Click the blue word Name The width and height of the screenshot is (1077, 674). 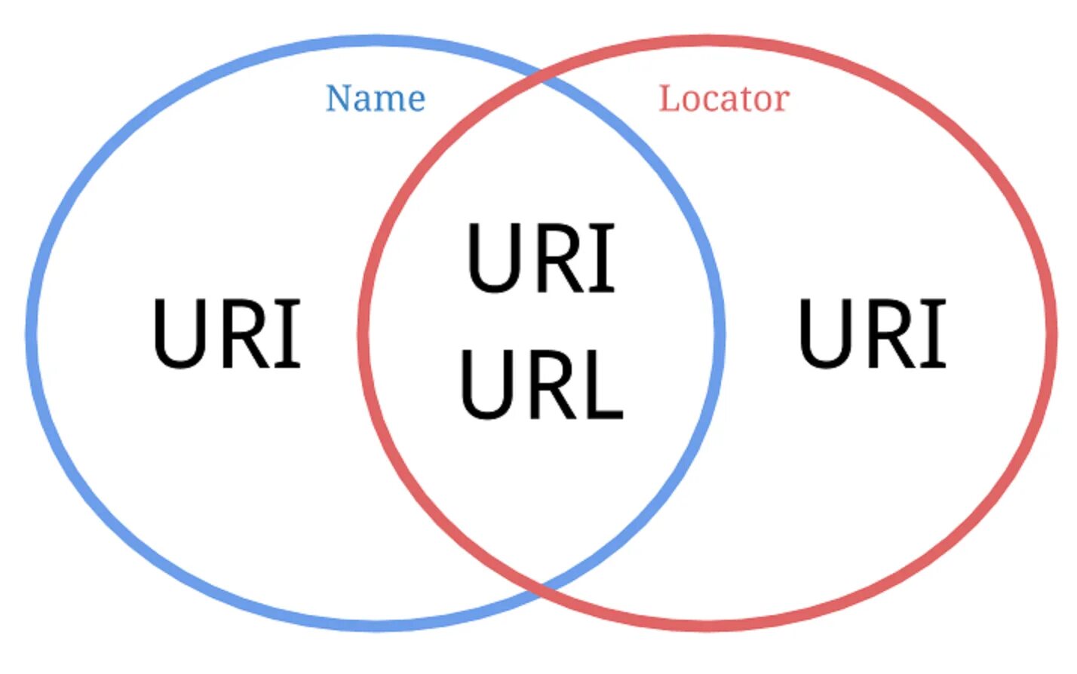(x=375, y=99)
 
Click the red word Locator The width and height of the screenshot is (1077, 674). (x=723, y=99)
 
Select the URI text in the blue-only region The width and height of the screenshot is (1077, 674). (x=226, y=333)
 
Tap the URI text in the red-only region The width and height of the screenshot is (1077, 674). (x=872, y=333)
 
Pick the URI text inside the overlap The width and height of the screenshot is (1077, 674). (x=541, y=258)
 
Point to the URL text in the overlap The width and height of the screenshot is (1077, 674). (x=541, y=384)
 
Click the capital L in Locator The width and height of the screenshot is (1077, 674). (x=668, y=99)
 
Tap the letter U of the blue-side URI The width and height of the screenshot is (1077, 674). (x=179, y=333)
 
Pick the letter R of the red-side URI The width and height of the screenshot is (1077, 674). (x=884, y=333)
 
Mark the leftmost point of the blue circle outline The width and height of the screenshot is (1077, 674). (x=31, y=332)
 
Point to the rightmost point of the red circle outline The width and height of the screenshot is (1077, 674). (x=1051, y=332)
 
